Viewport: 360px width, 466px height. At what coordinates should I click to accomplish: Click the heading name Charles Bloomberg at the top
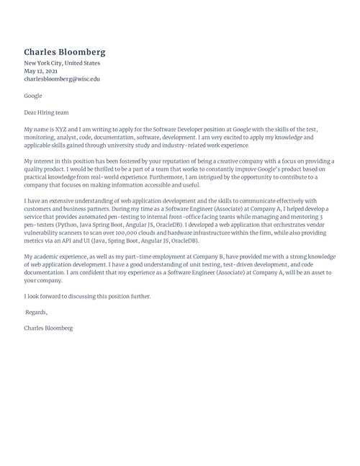click(64, 52)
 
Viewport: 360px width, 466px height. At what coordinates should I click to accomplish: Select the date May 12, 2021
click(40, 71)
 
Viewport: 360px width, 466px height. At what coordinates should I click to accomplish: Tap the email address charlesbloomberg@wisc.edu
click(62, 79)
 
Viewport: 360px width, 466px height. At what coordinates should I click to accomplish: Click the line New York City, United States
click(62, 63)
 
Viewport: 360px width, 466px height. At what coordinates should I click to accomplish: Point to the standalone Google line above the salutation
click(33, 96)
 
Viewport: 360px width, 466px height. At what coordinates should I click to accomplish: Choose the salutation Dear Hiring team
click(46, 112)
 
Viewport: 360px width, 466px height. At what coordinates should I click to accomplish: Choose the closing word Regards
click(36, 312)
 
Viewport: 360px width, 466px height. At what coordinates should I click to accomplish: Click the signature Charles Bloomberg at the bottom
click(48, 328)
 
